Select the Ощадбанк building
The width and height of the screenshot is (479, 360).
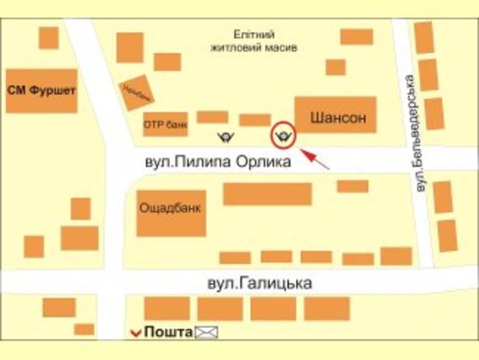click(171, 212)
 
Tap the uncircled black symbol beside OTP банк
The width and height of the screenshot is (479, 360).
click(226, 136)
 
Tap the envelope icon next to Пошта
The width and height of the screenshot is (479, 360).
click(207, 332)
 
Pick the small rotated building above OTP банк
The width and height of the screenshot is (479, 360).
click(135, 93)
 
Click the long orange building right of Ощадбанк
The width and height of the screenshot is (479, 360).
click(267, 193)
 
